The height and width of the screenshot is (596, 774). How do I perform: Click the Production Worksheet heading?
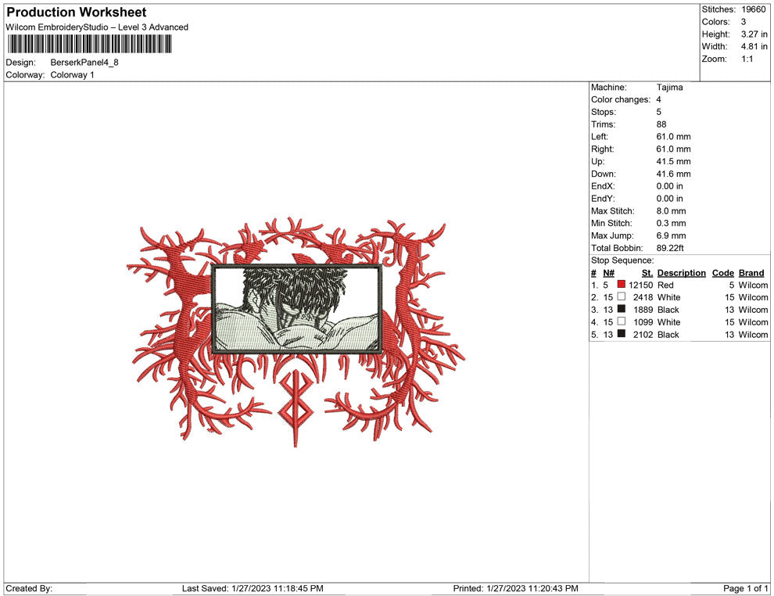click(x=77, y=13)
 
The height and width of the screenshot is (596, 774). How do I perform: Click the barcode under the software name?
click(x=89, y=44)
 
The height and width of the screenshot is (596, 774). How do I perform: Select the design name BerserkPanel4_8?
click(x=84, y=63)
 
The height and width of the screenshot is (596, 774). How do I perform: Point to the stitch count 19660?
click(x=753, y=9)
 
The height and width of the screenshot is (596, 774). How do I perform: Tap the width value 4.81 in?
click(x=754, y=46)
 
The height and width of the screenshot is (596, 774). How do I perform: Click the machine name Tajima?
click(x=669, y=88)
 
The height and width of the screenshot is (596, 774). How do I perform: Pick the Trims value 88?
click(x=661, y=124)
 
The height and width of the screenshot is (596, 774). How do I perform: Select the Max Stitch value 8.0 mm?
click(x=671, y=211)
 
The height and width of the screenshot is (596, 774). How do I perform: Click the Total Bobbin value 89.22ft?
click(x=670, y=248)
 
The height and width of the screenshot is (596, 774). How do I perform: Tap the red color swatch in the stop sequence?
click(x=621, y=285)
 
